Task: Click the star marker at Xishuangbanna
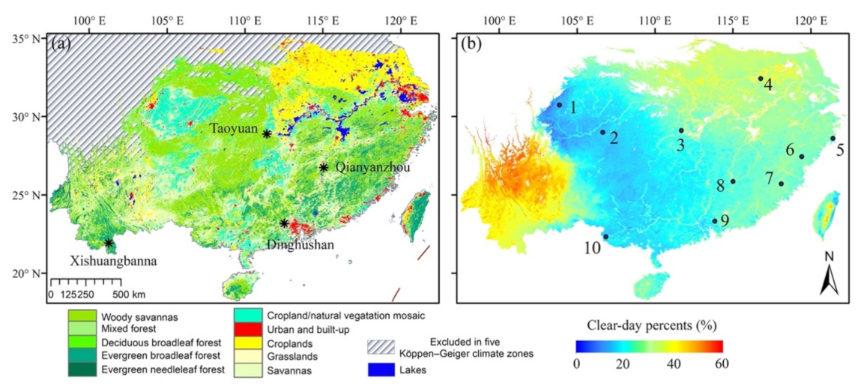109,243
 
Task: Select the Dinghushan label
300,244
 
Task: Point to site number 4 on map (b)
768,85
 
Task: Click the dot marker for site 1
559,105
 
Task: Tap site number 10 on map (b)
591,248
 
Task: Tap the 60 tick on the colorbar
721,364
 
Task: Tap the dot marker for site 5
833,138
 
